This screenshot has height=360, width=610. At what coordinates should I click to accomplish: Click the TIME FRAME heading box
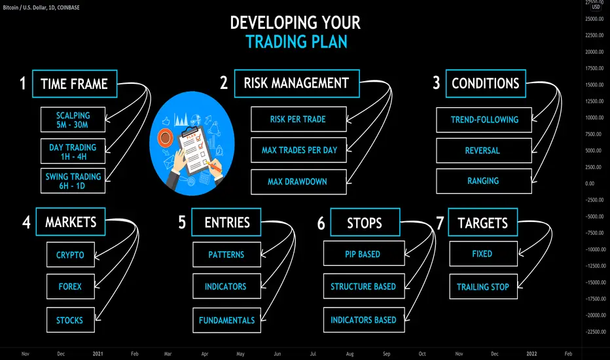point(75,84)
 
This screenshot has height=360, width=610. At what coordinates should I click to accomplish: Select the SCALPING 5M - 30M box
point(73,120)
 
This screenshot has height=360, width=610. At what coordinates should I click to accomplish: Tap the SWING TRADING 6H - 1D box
point(73,181)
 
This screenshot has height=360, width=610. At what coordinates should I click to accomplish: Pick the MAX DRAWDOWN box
point(298,182)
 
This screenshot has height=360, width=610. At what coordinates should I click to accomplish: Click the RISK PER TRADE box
point(298,119)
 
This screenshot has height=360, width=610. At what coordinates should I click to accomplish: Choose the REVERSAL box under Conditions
point(484,151)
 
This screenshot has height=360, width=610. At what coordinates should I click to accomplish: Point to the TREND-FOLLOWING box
point(484,120)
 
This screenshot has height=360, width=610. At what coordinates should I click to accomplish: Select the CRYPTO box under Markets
point(71,255)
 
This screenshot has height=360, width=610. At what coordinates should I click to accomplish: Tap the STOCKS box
point(71,320)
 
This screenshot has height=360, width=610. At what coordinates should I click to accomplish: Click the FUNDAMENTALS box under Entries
point(227,320)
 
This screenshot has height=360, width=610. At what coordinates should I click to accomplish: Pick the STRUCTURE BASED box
point(364,286)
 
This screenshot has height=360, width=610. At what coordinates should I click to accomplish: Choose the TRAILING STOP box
point(483,287)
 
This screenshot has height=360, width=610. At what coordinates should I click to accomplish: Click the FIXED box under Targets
point(483,254)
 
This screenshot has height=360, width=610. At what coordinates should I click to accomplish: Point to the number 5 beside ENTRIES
point(182,223)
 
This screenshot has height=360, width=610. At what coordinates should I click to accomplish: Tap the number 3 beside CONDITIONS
point(437,83)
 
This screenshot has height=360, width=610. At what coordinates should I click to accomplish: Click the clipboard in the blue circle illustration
point(197,151)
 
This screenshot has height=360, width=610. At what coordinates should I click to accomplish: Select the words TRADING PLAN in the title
point(296,42)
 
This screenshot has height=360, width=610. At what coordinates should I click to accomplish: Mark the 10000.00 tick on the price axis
point(594,118)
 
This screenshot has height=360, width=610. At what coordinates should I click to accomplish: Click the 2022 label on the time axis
point(531,353)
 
